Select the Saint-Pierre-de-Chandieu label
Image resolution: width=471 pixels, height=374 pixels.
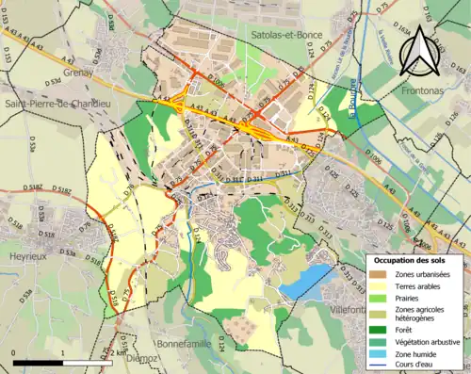61,104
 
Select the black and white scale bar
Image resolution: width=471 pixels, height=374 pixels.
62,361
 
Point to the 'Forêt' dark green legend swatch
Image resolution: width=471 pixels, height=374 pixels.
379,329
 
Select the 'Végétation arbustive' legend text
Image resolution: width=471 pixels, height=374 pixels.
429,341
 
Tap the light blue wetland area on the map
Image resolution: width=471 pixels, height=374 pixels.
306,280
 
